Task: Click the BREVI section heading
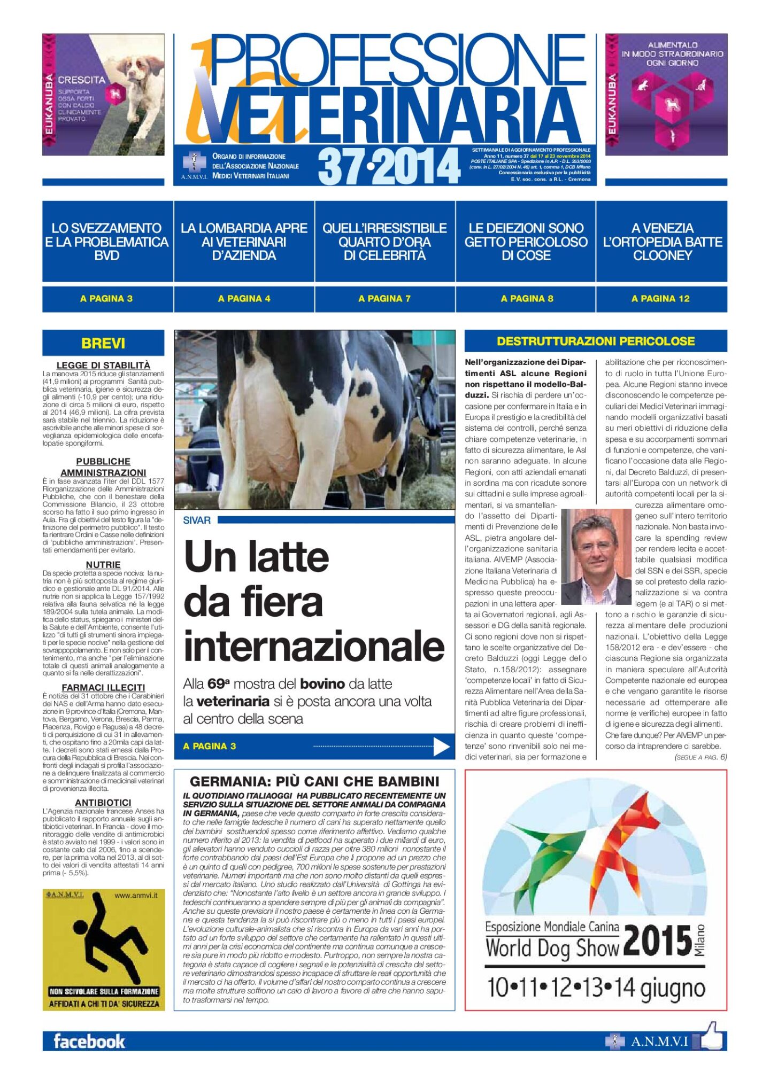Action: (x=103, y=343)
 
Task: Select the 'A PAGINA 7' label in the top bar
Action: (x=384, y=299)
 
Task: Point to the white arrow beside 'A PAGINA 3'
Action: (x=441, y=747)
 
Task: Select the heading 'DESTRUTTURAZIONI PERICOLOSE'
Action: (x=596, y=341)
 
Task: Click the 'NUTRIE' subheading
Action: (x=103, y=565)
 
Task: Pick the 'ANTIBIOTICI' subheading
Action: (x=103, y=803)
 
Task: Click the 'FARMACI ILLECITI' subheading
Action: (x=103, y=687)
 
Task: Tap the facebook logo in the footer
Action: (x=89, y=1041)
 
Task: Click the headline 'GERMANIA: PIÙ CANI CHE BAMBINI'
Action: (x=314, y=781)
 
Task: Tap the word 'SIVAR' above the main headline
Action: (x=197, y=520)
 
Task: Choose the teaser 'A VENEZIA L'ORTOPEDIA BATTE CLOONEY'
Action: (x=662, y=242)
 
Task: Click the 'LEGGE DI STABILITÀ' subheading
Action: (x=103, y=365)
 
